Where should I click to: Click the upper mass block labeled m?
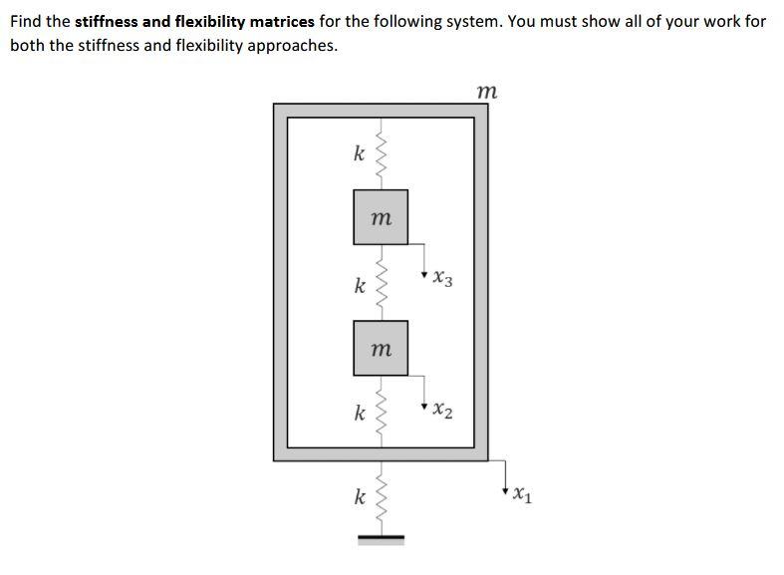pos(381,217)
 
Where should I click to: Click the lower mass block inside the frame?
pos(381,348)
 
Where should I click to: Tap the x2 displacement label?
pos(443,412)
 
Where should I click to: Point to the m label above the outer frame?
pos(486,91)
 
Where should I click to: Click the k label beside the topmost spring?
pos(359,153)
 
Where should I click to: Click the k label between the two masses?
pos(359,285)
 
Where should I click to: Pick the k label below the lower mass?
pos(359,413)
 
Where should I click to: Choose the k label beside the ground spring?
pos(359,495)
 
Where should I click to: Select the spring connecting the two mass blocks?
pos(380,283)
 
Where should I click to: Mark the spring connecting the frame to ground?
pos(380,497)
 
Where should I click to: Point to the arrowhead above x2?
pos(425,404)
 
